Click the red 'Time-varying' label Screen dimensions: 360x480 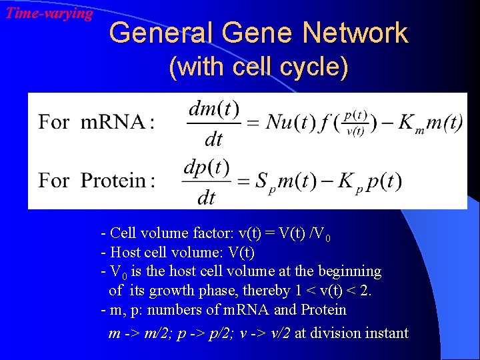point(49,13)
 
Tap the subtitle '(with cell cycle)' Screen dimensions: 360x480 point(258,68)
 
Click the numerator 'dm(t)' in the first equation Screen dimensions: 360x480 point(213,109)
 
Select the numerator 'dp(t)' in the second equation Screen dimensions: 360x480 point(207,168)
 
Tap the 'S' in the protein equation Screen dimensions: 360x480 point(262,181)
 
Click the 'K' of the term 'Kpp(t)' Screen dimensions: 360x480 point(346,181)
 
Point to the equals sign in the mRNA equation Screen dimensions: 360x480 point(252,123)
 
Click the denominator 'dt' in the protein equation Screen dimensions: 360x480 point(207,197)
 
